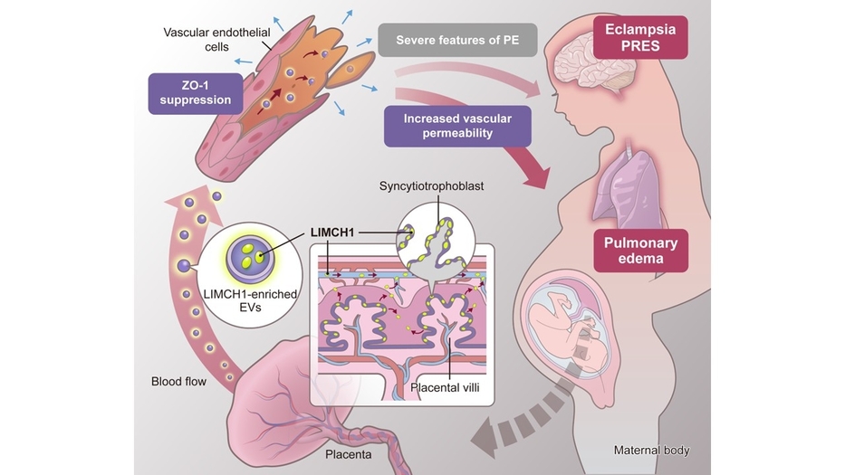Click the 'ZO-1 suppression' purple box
[x=196, y=91]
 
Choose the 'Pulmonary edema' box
[x=641, y=251]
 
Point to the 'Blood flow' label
[x=179, y=381]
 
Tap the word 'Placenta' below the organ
[x=348, y=454]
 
